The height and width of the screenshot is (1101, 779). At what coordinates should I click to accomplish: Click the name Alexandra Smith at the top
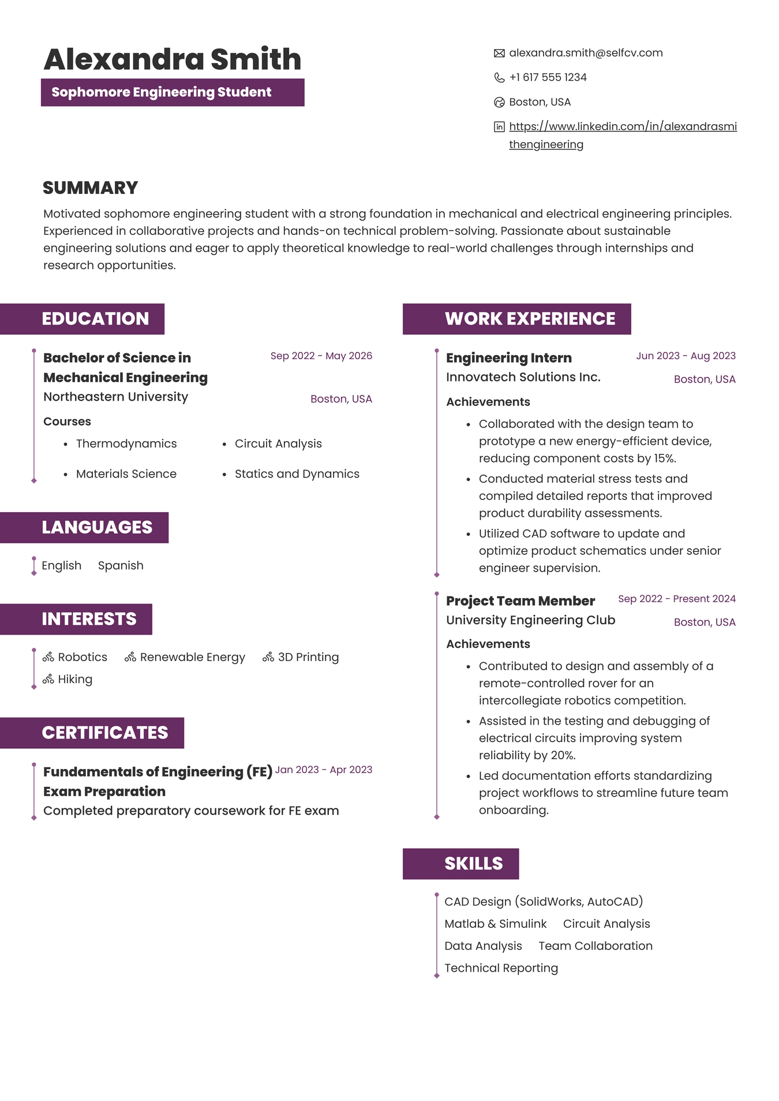click(x=172, y=59)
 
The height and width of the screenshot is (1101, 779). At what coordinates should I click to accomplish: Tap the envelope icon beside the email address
click(x=499, y=54)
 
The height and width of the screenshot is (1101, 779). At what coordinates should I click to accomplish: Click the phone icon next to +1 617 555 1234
click(x=499, y=78)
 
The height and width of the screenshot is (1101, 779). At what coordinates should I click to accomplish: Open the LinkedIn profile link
click(x=622, y=126)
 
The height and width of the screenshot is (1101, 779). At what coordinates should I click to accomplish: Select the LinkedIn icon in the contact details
click(x=499, y=127)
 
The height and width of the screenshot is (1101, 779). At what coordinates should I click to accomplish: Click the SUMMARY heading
click(x=90, y=188)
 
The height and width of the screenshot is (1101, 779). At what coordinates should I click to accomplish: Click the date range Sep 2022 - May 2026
click(x=321, y=356)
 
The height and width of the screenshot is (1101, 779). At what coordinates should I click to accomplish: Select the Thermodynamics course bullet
click(x=126, y=443)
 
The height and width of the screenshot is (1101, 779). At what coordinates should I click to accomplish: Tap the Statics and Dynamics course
click(x=297, y=474)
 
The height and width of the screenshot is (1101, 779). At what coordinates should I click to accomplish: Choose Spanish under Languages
click(x=121, y=566)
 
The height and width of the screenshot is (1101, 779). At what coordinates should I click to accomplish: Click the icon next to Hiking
click(x=48, y=679)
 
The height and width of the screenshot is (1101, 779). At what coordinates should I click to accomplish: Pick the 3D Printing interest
click(x=308, y=657)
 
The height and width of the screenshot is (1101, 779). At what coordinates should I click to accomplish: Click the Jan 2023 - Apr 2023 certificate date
click(x=323, y=770)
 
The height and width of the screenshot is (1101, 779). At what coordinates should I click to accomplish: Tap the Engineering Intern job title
click(x=508, y=358)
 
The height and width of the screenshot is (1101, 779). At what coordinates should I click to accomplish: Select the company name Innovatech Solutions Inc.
click(x=523, y=377)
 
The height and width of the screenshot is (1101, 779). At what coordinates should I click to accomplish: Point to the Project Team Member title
click(x=520, y=601)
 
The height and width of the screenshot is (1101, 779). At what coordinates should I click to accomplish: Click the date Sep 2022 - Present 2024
click(x=676, y=599)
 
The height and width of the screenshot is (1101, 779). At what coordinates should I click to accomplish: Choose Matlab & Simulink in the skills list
click(x=495, y=924)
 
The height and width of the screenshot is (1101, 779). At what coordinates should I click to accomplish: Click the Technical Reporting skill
click(x=501, y=968)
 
